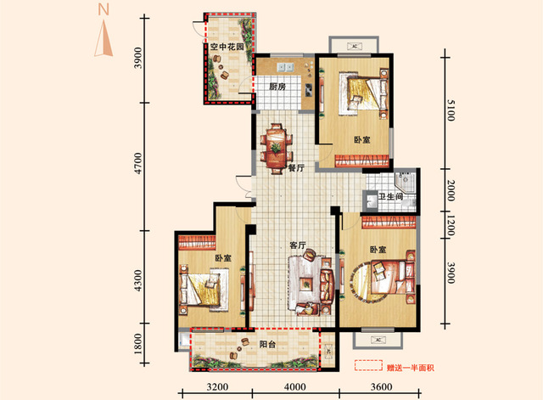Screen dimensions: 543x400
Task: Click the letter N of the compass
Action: click(x=104, y=9)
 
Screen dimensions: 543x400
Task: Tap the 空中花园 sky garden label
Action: click(x=227, y=47)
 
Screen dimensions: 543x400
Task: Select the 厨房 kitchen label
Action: click(x=277, y=87)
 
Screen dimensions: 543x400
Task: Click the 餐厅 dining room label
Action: click(x=296, y=168)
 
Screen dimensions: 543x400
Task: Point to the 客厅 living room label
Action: click(x=298, y=245)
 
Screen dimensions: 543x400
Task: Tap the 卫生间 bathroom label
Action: click(x=390, y=197)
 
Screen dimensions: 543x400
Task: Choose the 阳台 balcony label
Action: click(x=268, y=344)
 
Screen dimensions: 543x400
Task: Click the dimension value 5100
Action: click(x=451, y=110)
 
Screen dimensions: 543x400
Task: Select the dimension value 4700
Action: click(x=138, y=163)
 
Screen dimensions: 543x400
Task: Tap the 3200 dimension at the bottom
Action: click(x=217, y=386)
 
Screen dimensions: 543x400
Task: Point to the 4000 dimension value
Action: click(x=295, y=386)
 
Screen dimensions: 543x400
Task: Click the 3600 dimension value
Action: click(x=381, y=386)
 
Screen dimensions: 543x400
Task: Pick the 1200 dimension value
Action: click(x=451, y=225)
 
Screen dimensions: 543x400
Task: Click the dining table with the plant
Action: click(x=276, y=149)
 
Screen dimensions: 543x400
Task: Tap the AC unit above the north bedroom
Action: click(x=355, y=46)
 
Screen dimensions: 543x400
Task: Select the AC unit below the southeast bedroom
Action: click(x=378, y=340)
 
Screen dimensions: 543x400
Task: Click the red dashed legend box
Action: click(x=368, y=365)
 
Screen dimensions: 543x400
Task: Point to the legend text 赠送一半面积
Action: click(x=411, y=368)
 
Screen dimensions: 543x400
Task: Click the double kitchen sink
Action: click(x=285, y=67)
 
